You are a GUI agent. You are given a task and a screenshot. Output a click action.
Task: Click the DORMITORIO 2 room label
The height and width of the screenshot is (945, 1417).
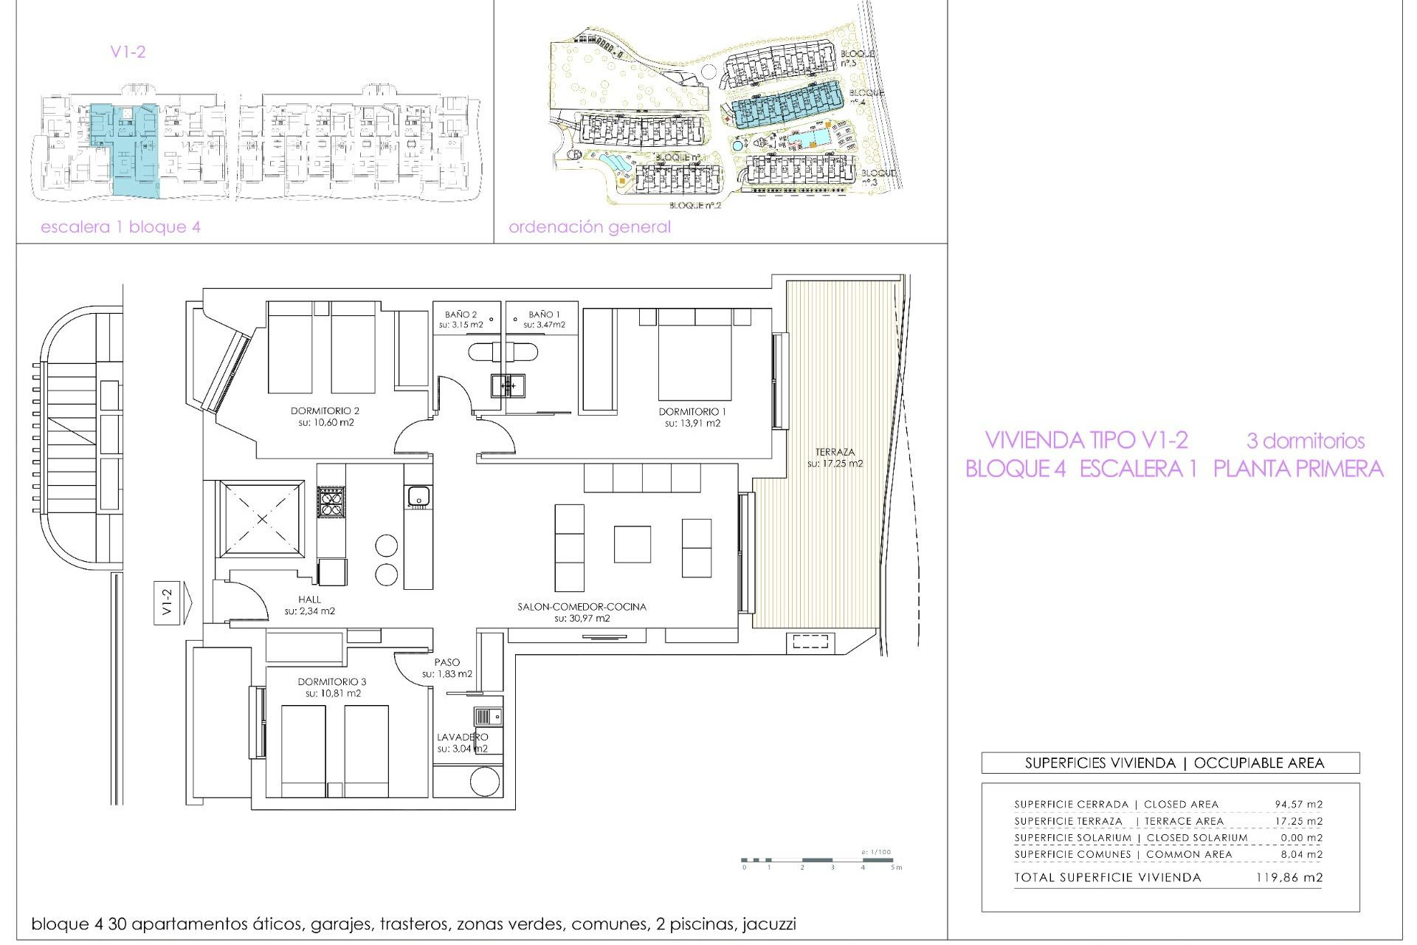tap(325, 411)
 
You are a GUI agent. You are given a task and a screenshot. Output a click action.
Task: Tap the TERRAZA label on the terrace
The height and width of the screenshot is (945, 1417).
tap(835, 452)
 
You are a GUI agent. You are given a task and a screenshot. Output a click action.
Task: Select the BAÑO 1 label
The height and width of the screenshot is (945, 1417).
tap(544, 315)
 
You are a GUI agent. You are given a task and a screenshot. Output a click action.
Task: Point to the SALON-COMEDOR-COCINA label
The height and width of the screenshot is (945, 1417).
tap(582, 607)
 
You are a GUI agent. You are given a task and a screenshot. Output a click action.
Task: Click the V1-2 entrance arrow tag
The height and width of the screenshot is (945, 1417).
tap(172, 600)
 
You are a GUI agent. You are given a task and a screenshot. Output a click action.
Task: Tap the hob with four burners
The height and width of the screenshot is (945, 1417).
tap(331, 503)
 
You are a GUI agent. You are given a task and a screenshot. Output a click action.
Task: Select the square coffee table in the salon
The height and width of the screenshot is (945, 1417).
tap(632, 544)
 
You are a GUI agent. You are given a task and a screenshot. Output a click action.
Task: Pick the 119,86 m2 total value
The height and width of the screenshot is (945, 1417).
tap(1289, 878)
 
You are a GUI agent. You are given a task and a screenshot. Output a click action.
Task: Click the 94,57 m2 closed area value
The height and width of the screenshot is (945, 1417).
tap(1298, 804)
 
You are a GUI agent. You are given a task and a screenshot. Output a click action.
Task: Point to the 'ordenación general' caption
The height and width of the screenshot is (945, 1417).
tap(589, 227)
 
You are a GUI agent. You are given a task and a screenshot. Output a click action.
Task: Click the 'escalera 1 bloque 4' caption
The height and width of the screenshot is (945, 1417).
tap(120, 227)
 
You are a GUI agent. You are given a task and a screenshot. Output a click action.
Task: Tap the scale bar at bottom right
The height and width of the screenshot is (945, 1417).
tap(819, 860)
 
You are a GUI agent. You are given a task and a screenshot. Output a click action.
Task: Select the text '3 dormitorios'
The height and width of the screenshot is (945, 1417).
tap(1305, 441)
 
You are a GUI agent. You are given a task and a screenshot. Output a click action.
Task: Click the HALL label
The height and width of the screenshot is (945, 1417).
tap(310, 599)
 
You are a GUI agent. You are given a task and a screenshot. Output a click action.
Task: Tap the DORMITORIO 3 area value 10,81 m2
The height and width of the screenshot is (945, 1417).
tap(332, 693)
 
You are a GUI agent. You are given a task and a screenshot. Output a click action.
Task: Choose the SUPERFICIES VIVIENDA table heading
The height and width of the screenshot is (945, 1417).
tap(1170, 763)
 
